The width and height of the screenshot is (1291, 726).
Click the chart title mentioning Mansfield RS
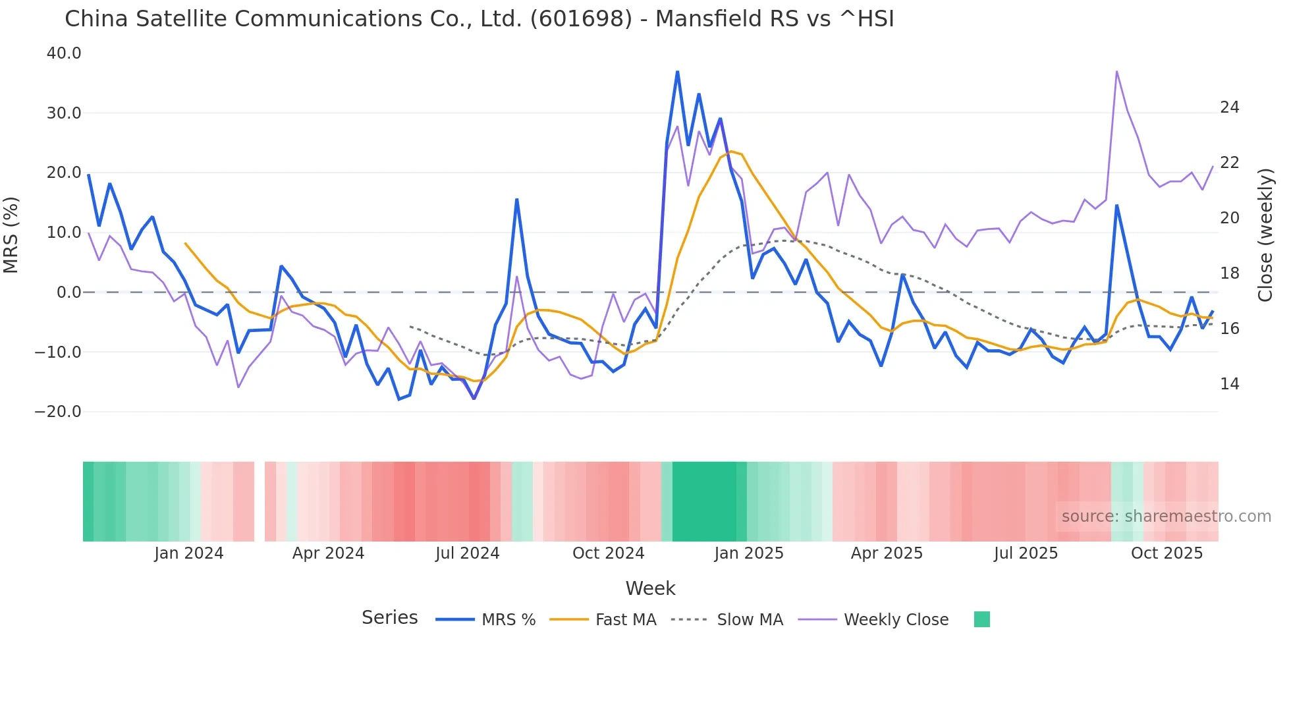(479, 19)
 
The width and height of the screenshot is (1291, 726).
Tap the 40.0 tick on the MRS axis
(64, 53)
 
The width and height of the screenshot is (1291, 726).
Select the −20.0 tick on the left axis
(58, 412)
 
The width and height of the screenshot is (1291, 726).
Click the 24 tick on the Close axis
(1229, 107)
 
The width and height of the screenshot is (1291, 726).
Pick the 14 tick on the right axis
(1229, 384)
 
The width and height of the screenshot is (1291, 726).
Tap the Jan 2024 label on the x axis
(189, 553)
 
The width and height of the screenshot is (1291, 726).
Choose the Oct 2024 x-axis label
(608, 553)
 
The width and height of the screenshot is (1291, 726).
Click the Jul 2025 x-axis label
(1026, 553)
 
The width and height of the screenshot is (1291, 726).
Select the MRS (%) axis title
(11, 235)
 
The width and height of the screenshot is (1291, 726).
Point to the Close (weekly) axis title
(1265, 235)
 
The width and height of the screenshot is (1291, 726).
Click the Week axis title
(650, 588)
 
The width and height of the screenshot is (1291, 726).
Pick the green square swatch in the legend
(981, 619)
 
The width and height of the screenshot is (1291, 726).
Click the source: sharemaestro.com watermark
(1166, 517)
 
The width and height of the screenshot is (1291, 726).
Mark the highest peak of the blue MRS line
(677, 71)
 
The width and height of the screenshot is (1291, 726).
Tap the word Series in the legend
(389, 618)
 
